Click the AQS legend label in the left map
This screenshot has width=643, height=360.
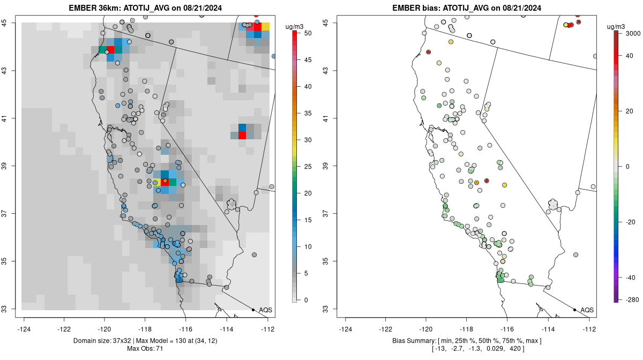(x=266, y=310)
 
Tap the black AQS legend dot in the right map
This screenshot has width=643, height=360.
(x=574, y=310)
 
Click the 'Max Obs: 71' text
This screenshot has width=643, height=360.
(x=146, y=349)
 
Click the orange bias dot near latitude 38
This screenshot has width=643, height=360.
(x=476, y=183)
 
